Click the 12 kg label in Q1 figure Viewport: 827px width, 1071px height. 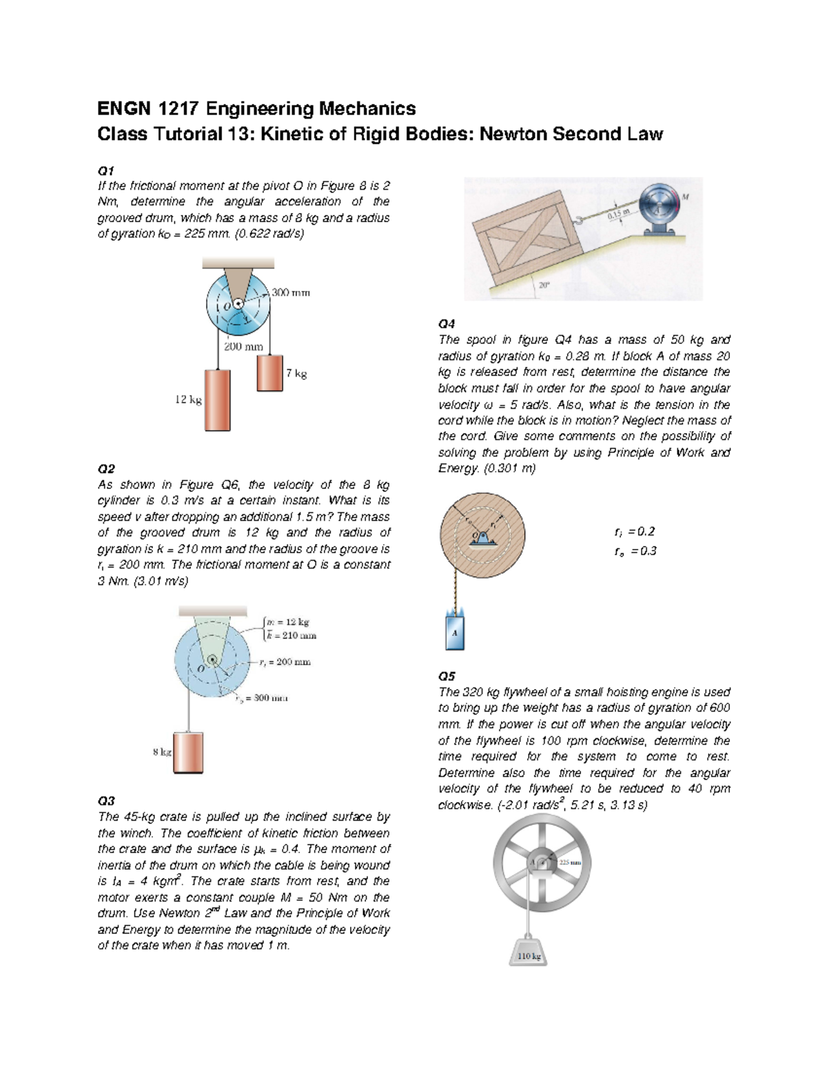coord(187,400)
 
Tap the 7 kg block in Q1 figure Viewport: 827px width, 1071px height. coord(269,373)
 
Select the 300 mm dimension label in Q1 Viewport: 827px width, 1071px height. coord(290,292)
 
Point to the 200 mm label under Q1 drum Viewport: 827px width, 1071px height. coord(243,347)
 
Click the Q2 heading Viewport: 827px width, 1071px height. coord(106,468)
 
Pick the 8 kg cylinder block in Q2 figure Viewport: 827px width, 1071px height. coord(188,752)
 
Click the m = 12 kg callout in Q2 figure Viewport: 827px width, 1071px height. coord(289,621)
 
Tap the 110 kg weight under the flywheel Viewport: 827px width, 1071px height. coord(528,955)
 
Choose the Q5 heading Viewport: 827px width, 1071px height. coord(447,676)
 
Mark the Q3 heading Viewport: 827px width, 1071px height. coord(106,801)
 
